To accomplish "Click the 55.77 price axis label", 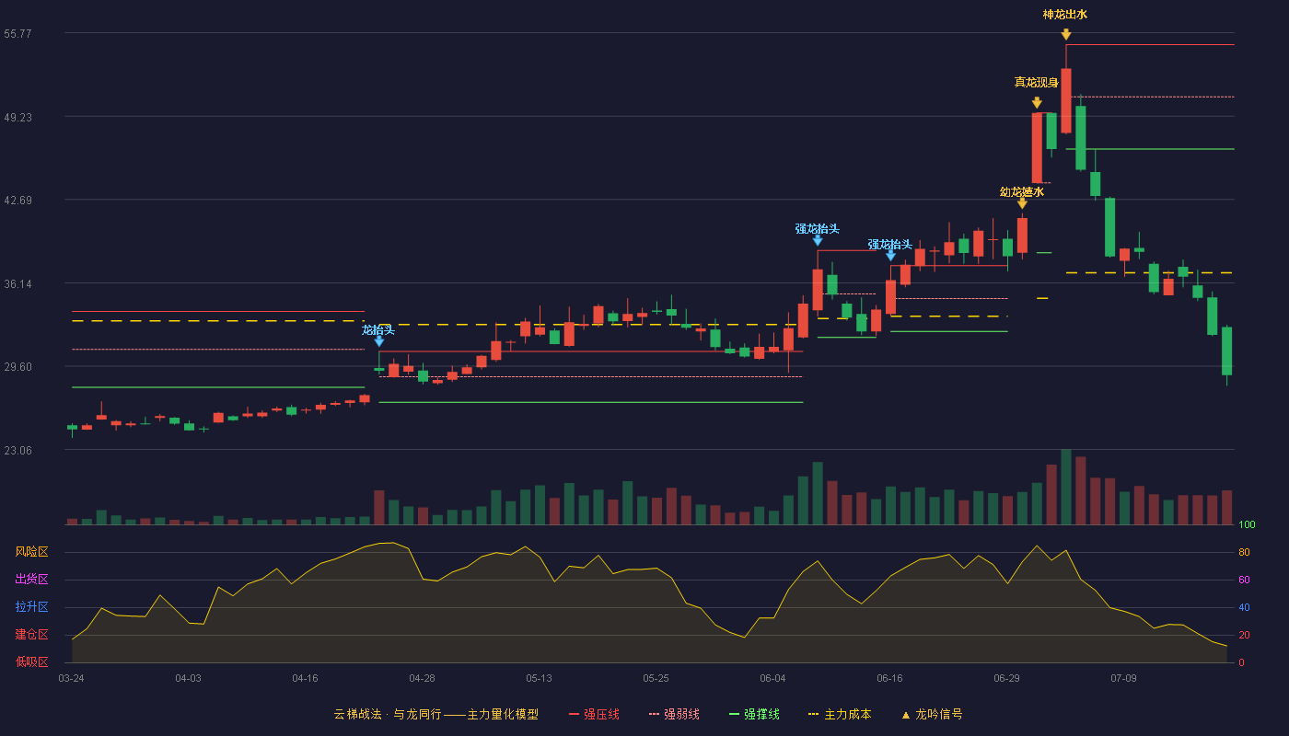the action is click(17, 34).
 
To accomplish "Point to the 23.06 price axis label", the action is click(17, 450).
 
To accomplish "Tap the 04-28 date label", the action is click(422, 679).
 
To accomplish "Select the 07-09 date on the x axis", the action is click(1123, 679).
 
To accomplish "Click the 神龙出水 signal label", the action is click(1064, 15).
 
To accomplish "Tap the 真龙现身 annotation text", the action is click(1036, 83).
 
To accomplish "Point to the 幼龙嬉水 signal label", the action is click(1021, 192).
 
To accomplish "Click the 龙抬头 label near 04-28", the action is click(378, 330).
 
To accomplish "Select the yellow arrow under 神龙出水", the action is click(1066, 35).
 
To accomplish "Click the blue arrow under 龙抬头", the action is click(378, 341).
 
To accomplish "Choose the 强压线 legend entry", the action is click(595, 714).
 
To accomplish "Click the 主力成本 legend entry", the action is click(840, 714).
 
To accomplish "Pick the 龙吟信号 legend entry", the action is click(932, 714).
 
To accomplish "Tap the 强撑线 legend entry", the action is click(754, 714).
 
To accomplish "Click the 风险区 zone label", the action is click(31, 552).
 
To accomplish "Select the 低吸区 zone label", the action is click(31, 662).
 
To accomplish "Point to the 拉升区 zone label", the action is click(31, 606).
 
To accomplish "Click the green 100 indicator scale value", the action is click(1247, 524).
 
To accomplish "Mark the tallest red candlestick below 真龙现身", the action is click(1037, 148).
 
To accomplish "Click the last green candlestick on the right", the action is click(1226, 351).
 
